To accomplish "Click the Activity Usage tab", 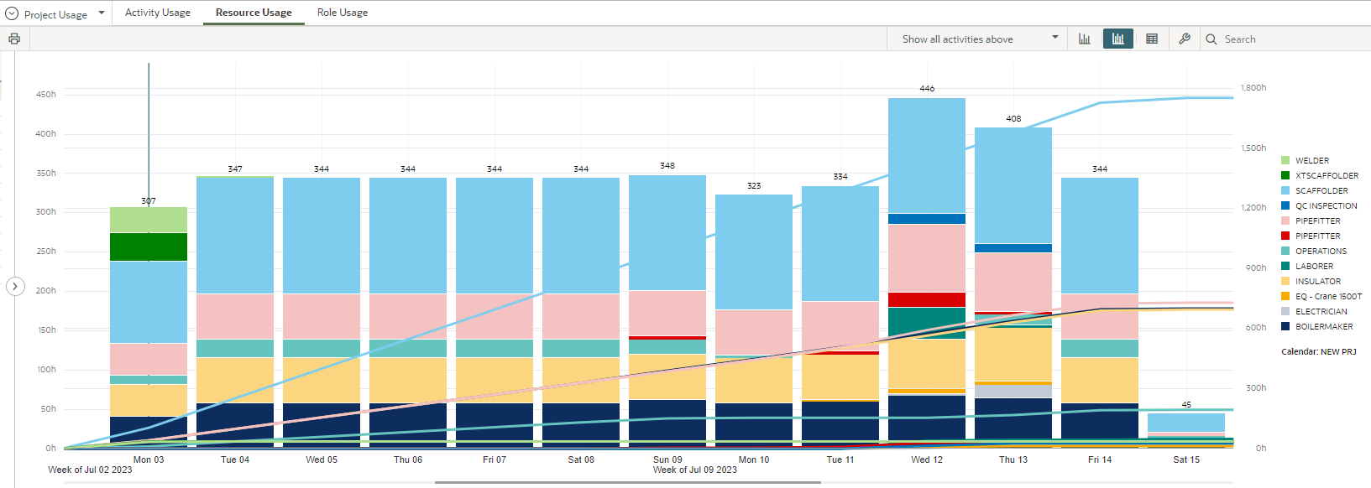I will (157, 13).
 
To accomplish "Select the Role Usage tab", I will (342, 13).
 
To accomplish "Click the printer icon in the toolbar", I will (14, 39).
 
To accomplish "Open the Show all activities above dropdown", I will (979, 39).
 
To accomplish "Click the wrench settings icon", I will (1185, 39).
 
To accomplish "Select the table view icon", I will (1152, 39).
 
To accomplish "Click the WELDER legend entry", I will (1311, 160).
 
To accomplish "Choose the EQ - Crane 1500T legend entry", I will (1327, 296).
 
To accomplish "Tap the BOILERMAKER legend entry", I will (1323, 326).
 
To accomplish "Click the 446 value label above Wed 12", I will (927, 88).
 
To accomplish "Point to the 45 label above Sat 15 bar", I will (1186, 404).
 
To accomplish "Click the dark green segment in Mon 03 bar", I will (149, 247).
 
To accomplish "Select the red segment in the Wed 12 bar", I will (927, 299).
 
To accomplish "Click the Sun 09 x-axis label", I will (667, 459).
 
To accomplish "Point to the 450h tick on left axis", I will (45, 95).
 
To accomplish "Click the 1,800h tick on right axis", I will (1253, 87).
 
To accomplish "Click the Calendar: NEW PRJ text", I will (1318, 351).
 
